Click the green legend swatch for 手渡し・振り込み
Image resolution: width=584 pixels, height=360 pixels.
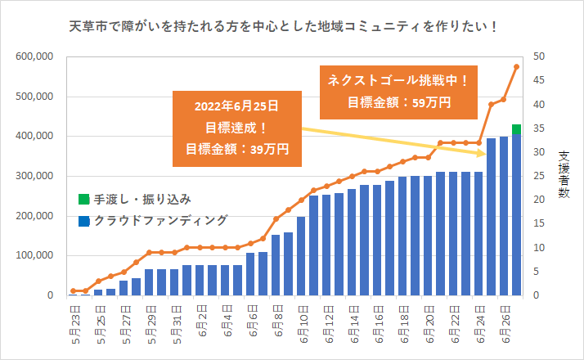pos(83,199)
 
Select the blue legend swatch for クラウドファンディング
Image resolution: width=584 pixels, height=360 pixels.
pos(83,220)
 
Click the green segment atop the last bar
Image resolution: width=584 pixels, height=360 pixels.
pos(516,128)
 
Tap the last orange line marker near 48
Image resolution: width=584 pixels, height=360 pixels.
pos(516,67)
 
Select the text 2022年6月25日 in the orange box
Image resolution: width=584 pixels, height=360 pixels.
pos(236,107)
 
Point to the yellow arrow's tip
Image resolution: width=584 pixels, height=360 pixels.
pos(487,153)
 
